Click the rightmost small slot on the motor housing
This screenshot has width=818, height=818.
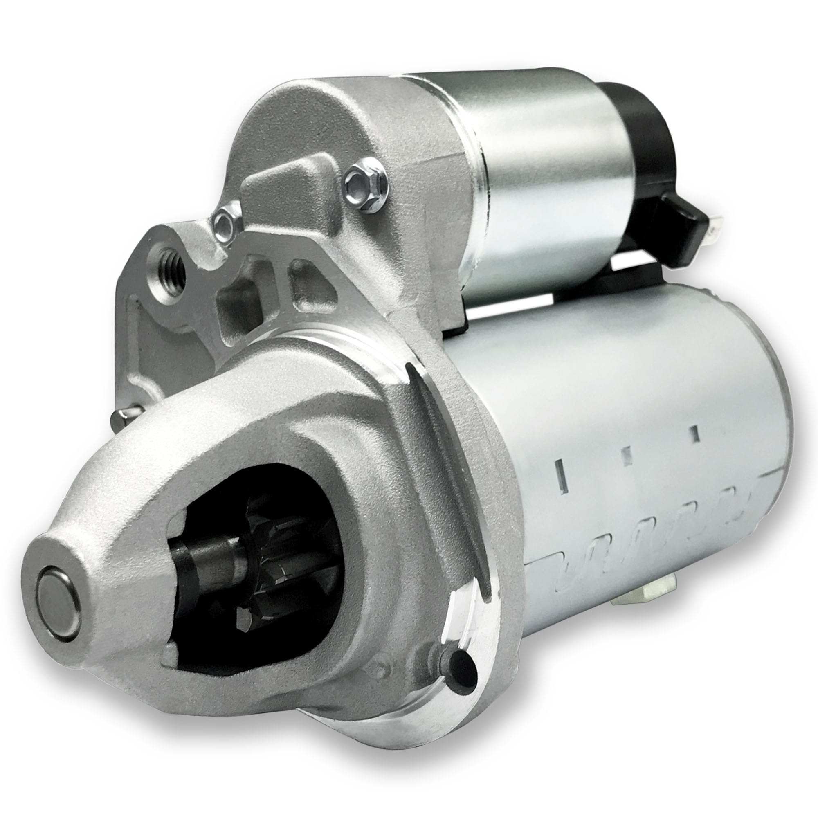coord(694,433)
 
